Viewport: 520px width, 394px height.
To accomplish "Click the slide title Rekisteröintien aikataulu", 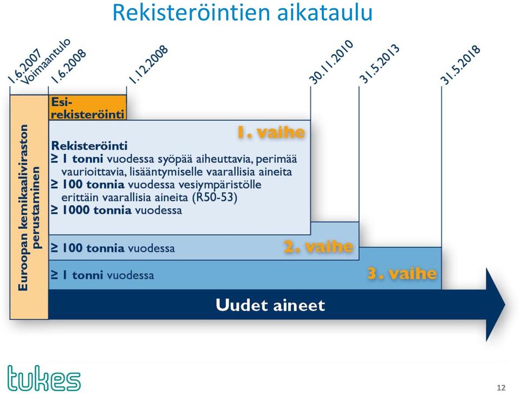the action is (x=243, y=12).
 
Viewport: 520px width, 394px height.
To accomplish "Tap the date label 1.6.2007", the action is (x=24, y=66).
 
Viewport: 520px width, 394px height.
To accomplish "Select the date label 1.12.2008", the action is (x=148, y=64).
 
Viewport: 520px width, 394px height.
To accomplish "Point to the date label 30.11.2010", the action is (x=331, y=62).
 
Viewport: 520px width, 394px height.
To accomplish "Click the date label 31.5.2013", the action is (x=379, y=64).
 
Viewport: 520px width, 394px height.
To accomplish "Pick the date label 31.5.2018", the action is (x=460, y=64).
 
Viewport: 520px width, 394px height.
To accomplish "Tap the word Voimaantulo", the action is (x=45, y=62).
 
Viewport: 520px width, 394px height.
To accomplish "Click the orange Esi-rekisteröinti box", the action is (x=88, y=107).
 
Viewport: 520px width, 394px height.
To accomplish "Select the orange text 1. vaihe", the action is (x=271, y=132).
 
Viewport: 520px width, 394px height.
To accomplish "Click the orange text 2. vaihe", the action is (x=318, y=247).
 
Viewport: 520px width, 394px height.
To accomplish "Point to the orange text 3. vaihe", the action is (x=402, y=274).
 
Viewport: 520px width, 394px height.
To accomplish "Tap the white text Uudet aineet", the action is (x=270, y=305).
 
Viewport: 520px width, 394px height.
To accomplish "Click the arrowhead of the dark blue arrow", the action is (x=496, y=305).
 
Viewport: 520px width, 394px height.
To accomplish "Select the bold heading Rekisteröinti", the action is (x=89, y=146).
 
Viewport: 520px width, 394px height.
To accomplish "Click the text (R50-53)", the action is (x=215, y=197).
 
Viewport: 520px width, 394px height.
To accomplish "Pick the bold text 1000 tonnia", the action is (x=97, y=210).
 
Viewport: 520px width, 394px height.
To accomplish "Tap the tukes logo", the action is (x=44, y=378).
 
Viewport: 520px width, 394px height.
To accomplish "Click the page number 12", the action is (x=501, y=387).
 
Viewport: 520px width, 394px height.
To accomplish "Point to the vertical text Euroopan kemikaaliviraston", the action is (x=23, y=208).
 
